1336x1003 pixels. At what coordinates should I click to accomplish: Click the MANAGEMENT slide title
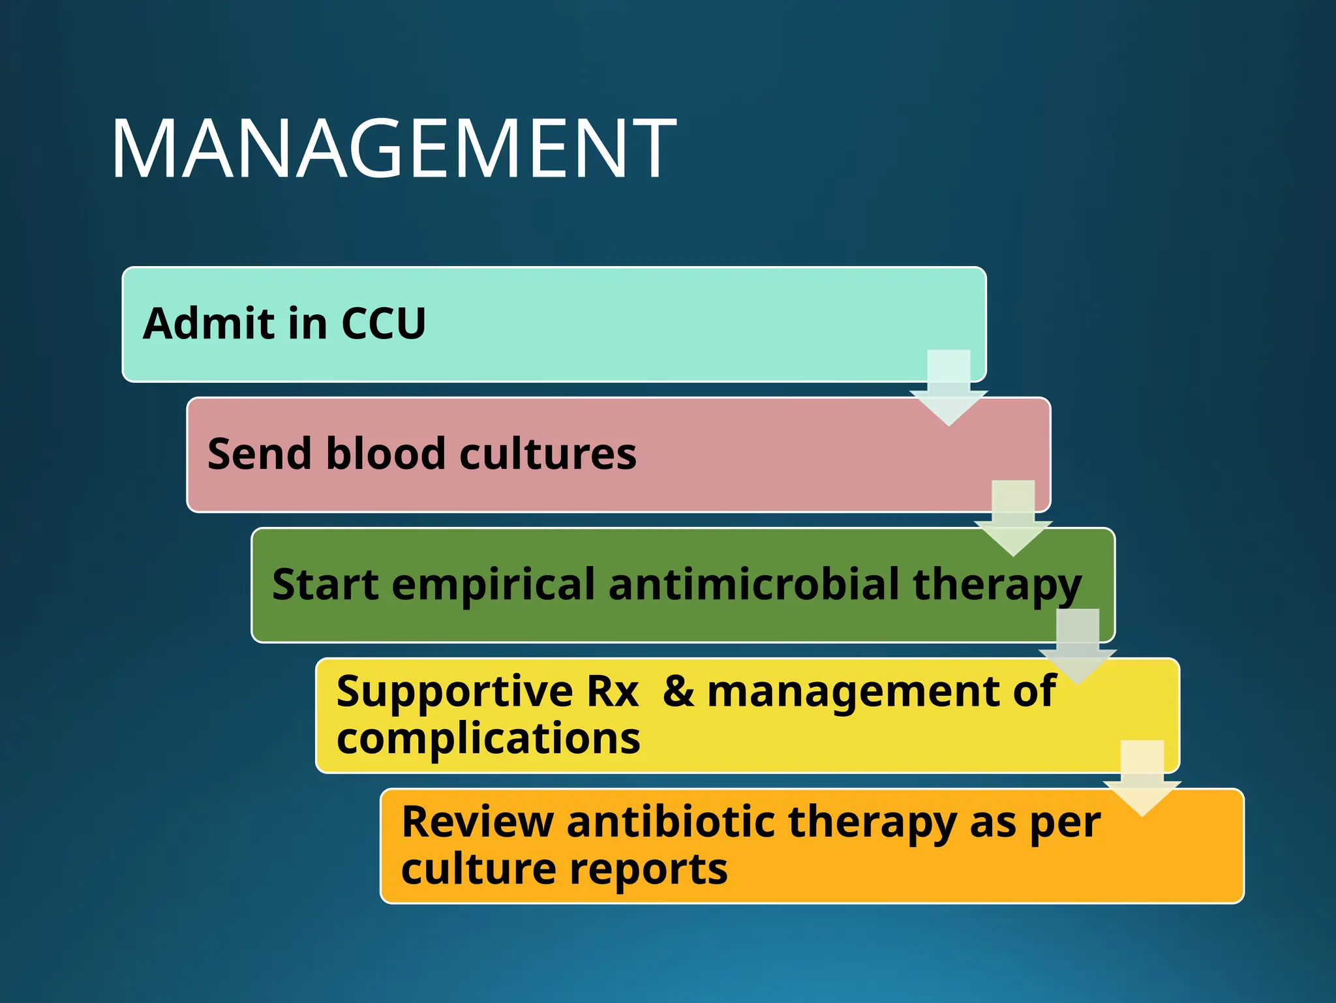394,149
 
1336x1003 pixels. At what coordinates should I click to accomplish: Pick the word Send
260,454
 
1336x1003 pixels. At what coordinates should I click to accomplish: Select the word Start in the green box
325,584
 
